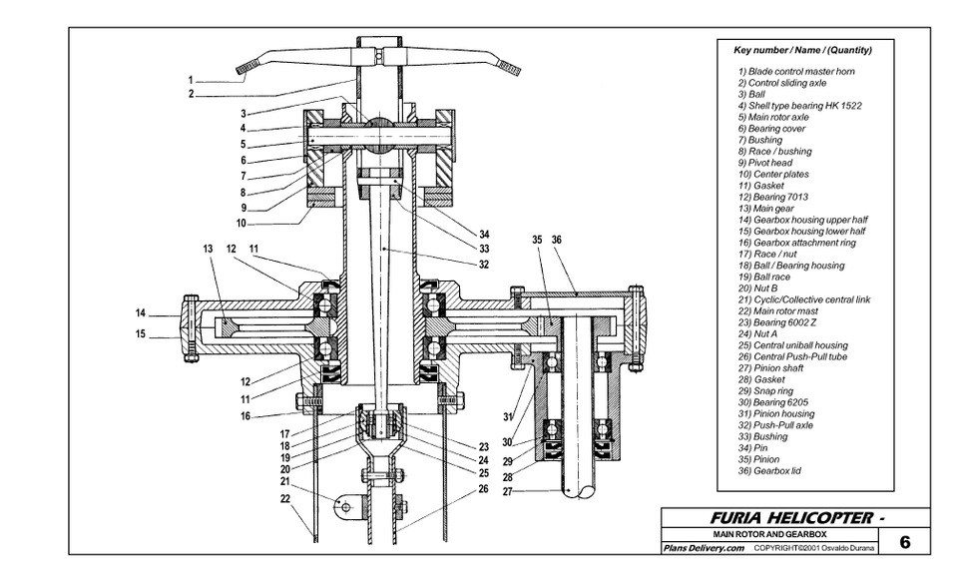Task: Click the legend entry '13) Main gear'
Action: pyautogui.click(x=765, y=209)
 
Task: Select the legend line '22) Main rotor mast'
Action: pyautogui.click(x=777, y=311)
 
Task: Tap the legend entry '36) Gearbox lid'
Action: pyautogui.click(x=769, y=471)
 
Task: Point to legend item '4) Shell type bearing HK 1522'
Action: pyautogui.click(x=799, y=106)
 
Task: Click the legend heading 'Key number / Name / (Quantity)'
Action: pyautogui.click(x=802, y=50)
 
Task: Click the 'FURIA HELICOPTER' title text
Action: pyautogui.click(x=791, y=518)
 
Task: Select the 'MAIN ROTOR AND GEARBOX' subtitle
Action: pyautogui.click(x=769, y=534)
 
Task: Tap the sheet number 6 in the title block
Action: pyautogui.click(x=905, y=542)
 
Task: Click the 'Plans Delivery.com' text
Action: pyautogui.click(x=704, y=548)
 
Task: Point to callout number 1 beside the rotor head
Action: pyautogui.click(x=191, y=80)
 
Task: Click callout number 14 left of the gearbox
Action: pyautogui.click(x=141, y=313)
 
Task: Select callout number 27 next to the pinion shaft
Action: pyautogui.click(x=507, y=491)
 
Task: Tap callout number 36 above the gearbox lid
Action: pyautogui.click(x=557, y=240)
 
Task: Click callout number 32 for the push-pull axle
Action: pyautogui.click(x=484, y=265)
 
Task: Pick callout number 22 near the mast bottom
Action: pyautogui.click(x=285, y=498)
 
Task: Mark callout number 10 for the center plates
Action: pyautogui.click(x=241, y=224)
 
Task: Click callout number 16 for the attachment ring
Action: pyautogui.click(x=245, y=416)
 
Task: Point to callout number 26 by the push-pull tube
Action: pyautogui.click(x=483, y=489)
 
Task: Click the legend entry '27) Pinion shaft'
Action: pyautogui.click(x=770, y=368)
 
